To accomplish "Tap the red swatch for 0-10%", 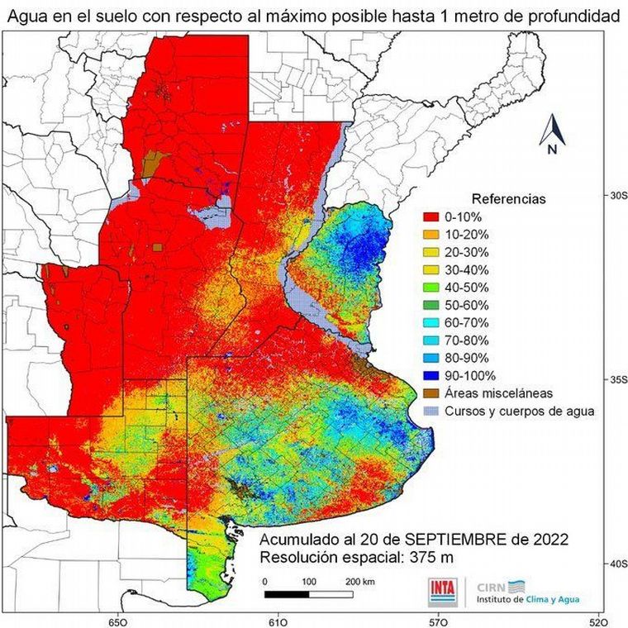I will [430, 216].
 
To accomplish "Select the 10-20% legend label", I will [466, 234].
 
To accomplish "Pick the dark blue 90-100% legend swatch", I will [430, 376].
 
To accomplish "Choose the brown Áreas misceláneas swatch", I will [430, 393].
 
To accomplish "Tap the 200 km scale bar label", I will [355, 581].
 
